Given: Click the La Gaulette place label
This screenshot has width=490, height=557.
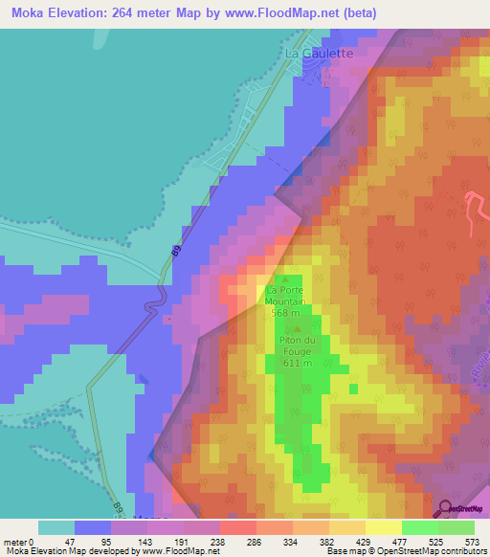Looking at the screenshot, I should pos(320,55).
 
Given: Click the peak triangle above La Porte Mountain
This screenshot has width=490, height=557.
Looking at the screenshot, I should pos(284,278).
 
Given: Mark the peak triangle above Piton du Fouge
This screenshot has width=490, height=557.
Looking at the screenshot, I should pos(291,328).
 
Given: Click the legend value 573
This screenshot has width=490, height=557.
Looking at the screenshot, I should pos(473,541).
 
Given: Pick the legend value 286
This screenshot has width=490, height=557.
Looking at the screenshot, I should pos(256,541).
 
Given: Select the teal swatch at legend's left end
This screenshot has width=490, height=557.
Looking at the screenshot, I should pos(56,527).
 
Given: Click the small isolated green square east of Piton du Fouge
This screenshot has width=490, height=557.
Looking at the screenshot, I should pos(354,389).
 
